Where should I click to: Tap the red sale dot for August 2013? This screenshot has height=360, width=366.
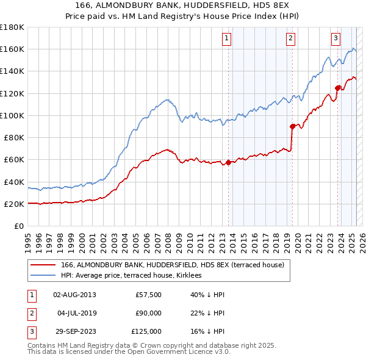tap(228, 162)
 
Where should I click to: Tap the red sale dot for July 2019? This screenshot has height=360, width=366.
tap(292, 126)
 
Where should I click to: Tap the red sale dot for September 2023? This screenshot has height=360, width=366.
tap(338, 87)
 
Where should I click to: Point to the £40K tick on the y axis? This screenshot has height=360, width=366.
tap(14, 182)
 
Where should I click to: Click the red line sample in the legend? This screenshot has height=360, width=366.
tap(43, 265)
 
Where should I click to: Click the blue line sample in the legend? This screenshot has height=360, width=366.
tap(43, 276)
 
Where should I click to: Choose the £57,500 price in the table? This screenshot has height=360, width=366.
tap(149, 295)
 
